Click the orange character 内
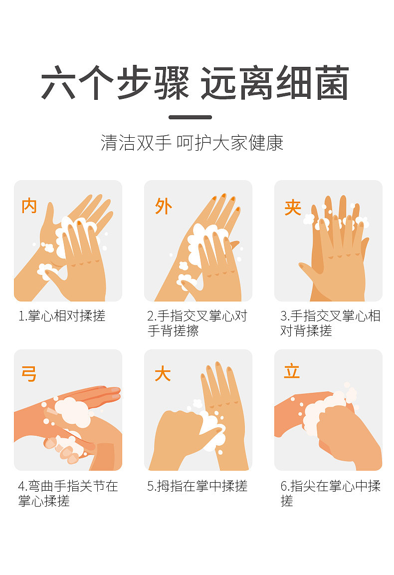[29, 206]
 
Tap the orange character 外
[164, 206]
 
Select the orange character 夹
[293, 207]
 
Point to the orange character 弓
[29, 374]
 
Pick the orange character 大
[163, 374]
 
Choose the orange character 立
[292, 371]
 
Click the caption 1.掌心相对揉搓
[62, 316]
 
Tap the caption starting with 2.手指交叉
[197, 323]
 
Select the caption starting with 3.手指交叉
[330, 323]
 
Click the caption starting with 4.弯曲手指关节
[68, 493]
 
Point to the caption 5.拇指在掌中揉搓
[197, 486]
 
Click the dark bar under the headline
[190, 117]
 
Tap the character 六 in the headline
[58, 83]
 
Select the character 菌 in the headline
[332, 83]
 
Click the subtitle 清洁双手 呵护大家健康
[192, 143]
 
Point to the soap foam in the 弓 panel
[72, 412]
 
